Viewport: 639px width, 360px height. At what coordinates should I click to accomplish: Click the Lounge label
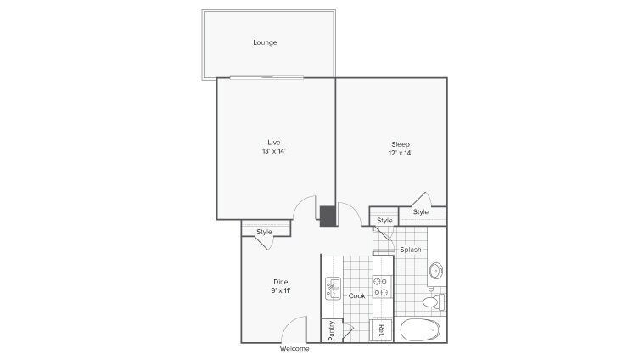(x=265, y=42)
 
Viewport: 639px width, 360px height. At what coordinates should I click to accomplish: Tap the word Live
(x=274, y=141)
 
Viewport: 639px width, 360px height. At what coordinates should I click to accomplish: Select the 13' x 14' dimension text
(x=274, y=151)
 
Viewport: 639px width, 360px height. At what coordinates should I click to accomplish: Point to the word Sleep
(x=401, y=144)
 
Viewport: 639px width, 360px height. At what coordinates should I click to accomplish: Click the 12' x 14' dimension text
(x=401, y=155)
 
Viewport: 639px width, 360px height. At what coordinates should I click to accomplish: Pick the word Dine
(x=281, y=282)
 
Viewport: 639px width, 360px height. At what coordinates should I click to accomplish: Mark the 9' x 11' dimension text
(x=281, y=291)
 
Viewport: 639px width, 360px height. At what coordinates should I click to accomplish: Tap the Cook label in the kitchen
(x=357, y=295)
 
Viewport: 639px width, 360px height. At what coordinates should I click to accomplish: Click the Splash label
(x=411, y=250)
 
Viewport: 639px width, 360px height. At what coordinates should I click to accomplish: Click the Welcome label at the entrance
(x=294, y=349)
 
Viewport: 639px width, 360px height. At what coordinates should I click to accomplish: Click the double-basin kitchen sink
(x=332, y=288)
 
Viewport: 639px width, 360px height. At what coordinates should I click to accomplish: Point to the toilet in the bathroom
(x=432, y=301)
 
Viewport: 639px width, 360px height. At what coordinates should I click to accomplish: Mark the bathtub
(x=421, y=329)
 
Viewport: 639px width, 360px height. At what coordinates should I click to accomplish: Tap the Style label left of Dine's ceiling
(x=264, y=231)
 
